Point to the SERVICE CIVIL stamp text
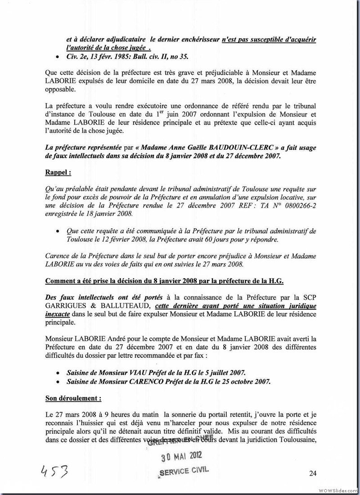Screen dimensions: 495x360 click(184, 472)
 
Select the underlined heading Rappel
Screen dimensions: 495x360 click(58, 172)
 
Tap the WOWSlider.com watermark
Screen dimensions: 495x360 click(338, 490)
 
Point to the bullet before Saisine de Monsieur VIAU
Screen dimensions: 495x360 click(56, 373)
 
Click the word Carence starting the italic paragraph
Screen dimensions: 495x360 click(57, 256)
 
